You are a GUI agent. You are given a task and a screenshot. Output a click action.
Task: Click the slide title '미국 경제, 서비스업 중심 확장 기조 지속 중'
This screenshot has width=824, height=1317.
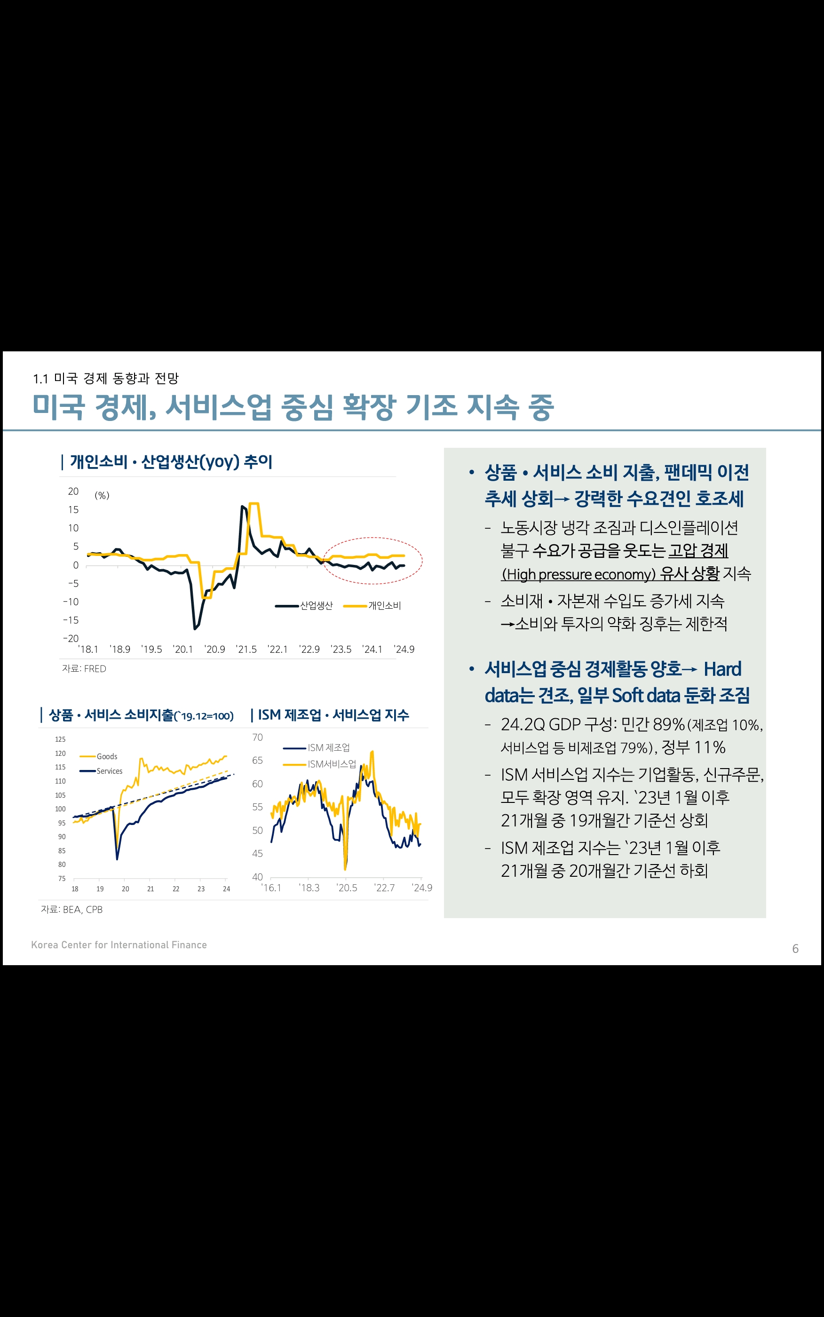click(x=293, y=407)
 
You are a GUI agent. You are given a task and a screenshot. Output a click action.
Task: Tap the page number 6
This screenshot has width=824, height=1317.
click(x=795, y=949)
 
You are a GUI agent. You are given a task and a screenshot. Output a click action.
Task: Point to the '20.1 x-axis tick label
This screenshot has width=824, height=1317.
click(x=182, y=650)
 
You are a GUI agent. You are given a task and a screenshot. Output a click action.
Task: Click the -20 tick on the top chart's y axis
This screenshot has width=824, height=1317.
click(x=71, y=638)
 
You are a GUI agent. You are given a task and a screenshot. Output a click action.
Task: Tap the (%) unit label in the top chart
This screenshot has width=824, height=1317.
click(x=102, y=495)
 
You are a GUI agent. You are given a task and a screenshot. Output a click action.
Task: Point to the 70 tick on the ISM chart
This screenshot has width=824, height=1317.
click(x=257, y=737)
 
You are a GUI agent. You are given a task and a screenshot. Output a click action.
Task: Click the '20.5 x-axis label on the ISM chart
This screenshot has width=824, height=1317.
click(x=347, y=888)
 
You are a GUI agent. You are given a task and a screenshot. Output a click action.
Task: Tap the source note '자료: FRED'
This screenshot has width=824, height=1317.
click(x=84, y=668)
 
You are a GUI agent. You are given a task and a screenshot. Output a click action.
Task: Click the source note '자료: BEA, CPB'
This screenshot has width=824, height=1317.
click(x=71, y=909)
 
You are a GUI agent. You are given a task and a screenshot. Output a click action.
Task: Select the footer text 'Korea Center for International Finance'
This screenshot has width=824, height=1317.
click(x=119, y=945)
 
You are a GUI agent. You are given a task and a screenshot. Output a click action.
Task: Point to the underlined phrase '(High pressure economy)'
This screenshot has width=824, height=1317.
click(x=578, y=574)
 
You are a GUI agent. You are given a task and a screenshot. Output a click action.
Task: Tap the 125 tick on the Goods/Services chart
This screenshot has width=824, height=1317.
click(x=60, y=739)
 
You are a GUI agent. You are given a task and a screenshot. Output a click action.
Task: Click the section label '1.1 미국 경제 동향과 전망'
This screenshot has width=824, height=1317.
click(x=106, y=378)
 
